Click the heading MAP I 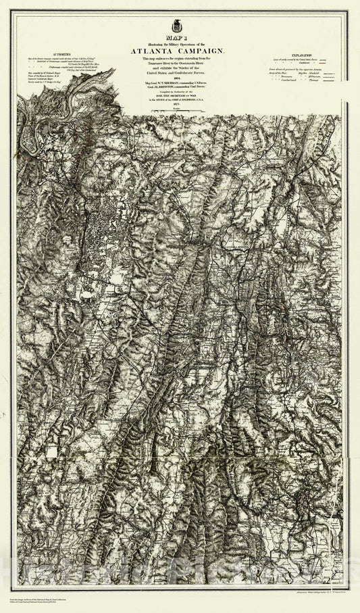click(x=180, y=39)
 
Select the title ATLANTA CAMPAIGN click(x=180, y=50)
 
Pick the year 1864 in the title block click(x=179, y=80)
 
